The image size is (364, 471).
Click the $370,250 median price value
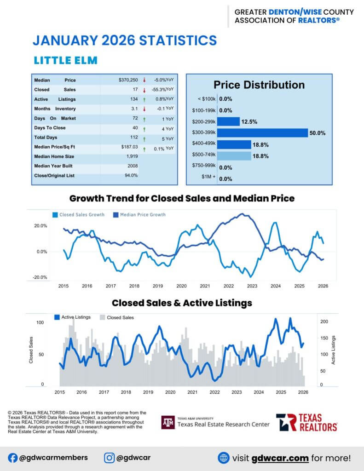pos(128,80)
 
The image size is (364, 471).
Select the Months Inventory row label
pos(55,109)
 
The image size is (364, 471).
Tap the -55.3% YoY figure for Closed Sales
pos(163,89)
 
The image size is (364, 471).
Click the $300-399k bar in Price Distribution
pos(262,133)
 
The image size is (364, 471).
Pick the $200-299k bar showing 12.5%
pos(228,121)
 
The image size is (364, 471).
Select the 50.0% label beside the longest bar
pos(318,133)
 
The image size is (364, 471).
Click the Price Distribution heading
pos(259,85)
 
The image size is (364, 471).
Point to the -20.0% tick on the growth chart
pos(41,277)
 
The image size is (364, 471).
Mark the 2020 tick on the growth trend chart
pos(181,286)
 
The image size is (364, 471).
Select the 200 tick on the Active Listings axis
pos(324,322)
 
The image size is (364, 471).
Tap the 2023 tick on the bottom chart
pos(237,392)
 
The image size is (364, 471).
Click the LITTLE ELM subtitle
pos(66,60)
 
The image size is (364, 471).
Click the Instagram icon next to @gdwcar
pos(109,458)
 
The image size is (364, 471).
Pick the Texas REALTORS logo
pos(306,422)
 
